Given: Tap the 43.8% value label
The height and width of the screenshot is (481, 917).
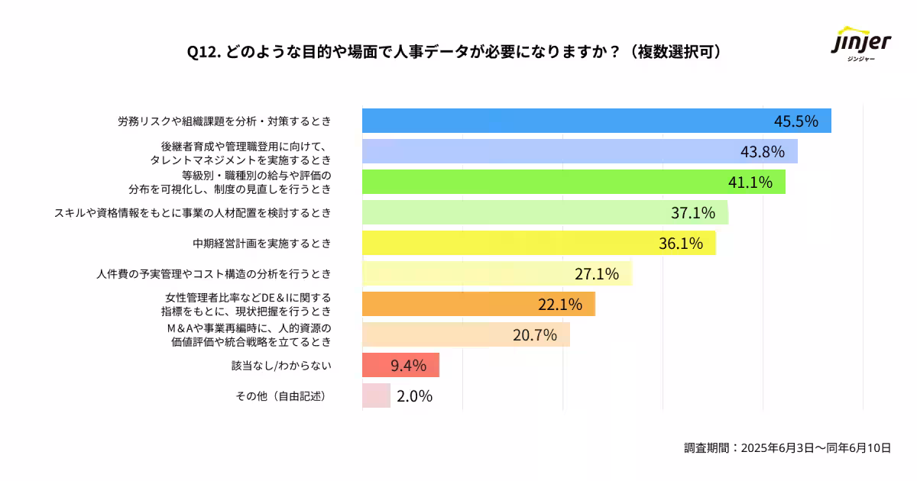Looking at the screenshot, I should point(762,152).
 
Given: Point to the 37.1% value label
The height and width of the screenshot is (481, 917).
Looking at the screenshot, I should point(692,212).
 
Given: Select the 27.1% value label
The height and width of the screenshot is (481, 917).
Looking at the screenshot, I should point(596,274).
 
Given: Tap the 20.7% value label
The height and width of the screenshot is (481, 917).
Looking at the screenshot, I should point(534,334).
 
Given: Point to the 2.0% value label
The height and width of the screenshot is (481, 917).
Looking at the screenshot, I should point(414,396).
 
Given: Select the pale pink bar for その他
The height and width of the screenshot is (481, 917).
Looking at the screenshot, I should point(376,395).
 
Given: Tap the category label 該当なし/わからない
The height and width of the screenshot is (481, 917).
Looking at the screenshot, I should point(281,366).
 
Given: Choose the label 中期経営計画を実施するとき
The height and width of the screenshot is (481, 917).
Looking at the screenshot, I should point(261,244).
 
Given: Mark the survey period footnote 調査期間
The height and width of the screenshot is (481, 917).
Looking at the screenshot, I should point(787,448).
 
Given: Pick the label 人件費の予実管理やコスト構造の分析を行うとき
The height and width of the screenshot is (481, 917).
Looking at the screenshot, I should point(214,274).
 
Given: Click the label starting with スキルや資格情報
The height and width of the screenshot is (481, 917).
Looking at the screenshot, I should point(193,213).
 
